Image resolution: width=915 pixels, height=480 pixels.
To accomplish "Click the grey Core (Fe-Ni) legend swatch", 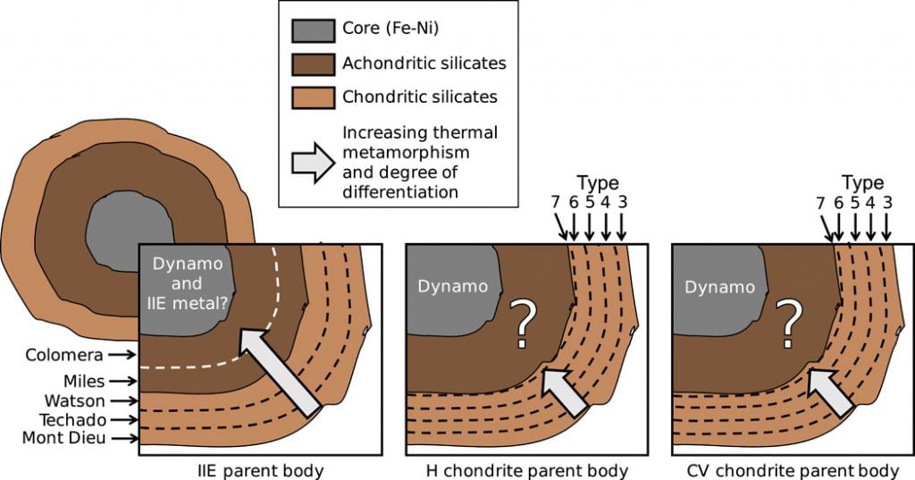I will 312,30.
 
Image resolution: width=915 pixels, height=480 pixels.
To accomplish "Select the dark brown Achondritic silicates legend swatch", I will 312,63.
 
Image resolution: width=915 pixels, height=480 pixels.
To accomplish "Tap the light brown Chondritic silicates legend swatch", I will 312,96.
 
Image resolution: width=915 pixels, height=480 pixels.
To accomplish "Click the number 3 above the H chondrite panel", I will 622,202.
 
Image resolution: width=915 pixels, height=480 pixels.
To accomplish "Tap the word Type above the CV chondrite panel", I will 862,183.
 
